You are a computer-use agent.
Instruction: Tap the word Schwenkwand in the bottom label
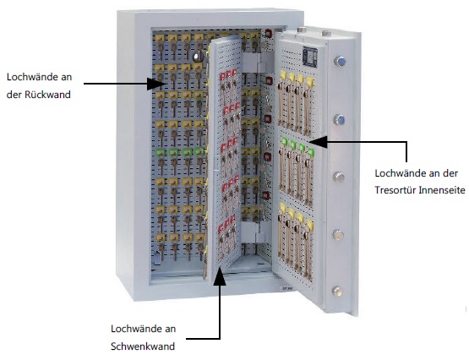[143, 346]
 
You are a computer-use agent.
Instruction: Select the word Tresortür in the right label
[395, 190]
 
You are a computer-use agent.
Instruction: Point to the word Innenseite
[442, 190]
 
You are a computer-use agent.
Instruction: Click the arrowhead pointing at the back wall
[155, 84]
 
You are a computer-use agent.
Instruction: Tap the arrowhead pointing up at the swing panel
[221, 275]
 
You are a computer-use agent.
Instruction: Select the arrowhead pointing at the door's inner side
[318, 142]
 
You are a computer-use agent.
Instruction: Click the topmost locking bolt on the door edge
[340, 62]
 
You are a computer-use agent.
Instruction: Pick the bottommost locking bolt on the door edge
[337, 292]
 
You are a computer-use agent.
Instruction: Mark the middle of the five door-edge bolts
[338, 177]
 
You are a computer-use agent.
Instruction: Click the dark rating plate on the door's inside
[310, 56]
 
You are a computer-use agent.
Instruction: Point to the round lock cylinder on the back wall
[198, 57]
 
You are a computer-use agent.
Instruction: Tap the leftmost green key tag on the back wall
[160, 152]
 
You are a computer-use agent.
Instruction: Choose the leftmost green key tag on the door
[284, 141]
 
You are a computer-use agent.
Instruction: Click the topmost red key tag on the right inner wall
[269, 33]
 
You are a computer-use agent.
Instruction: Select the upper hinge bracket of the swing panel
[257, 63]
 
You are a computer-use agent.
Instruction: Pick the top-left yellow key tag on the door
[283, 74]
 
